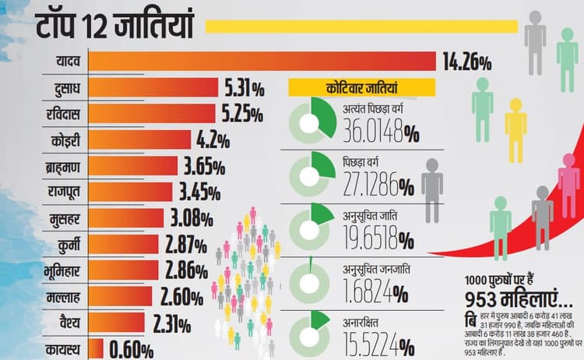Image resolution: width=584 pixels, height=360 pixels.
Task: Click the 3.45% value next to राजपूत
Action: pyautogui.click(x=202, y=192)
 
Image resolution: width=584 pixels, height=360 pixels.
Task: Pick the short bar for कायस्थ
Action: pyautogui.click(x=97, y=348)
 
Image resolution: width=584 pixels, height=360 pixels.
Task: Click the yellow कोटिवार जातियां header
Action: pyautogui.click(x=350, y=87)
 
